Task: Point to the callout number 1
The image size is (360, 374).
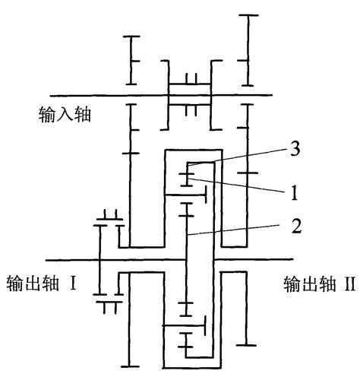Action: click(292, 192)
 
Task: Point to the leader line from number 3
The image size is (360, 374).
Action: click(243, 157)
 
